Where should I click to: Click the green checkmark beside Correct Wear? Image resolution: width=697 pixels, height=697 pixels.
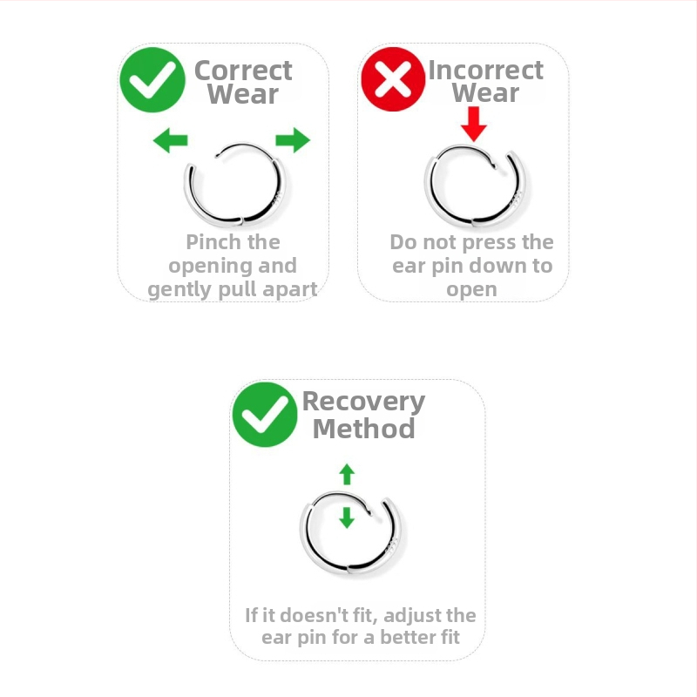click(152, 80)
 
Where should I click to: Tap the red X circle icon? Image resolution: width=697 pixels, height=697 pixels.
click(393, 79)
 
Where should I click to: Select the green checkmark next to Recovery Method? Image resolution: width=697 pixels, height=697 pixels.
click(265, 415)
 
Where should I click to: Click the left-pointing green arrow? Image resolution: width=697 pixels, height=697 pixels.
click(170, 140)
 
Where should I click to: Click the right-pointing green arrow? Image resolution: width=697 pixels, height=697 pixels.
click(293, 140)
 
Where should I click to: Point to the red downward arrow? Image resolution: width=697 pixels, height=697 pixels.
click(474, 124)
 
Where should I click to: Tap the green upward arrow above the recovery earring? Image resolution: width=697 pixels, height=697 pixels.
click(347, 474)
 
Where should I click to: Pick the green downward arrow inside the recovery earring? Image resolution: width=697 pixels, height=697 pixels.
click(347, 518)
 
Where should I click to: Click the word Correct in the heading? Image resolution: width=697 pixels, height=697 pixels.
click(243, 71)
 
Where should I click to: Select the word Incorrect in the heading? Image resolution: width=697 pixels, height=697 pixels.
click(485, 71)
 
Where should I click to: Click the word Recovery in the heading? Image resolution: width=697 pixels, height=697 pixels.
click(363, 403)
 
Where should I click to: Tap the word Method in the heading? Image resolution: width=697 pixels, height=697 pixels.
click(363, 429)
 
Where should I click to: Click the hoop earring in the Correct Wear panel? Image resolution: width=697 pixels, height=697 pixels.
click(235, 184)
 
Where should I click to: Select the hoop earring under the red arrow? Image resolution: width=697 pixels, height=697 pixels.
click(475, 186)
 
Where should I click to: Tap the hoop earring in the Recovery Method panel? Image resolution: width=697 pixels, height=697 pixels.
click(351, 533)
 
